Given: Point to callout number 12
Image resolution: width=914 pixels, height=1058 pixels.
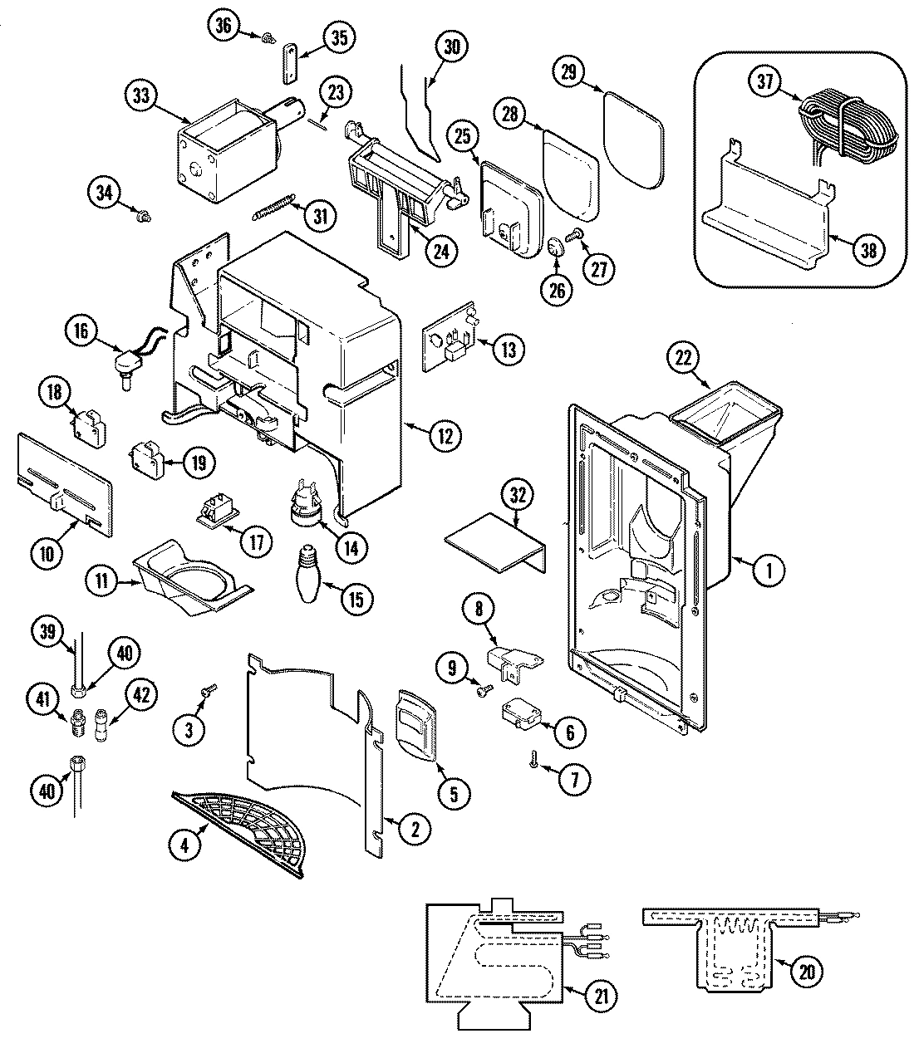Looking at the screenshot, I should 446,434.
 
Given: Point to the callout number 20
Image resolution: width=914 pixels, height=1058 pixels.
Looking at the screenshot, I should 805,972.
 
